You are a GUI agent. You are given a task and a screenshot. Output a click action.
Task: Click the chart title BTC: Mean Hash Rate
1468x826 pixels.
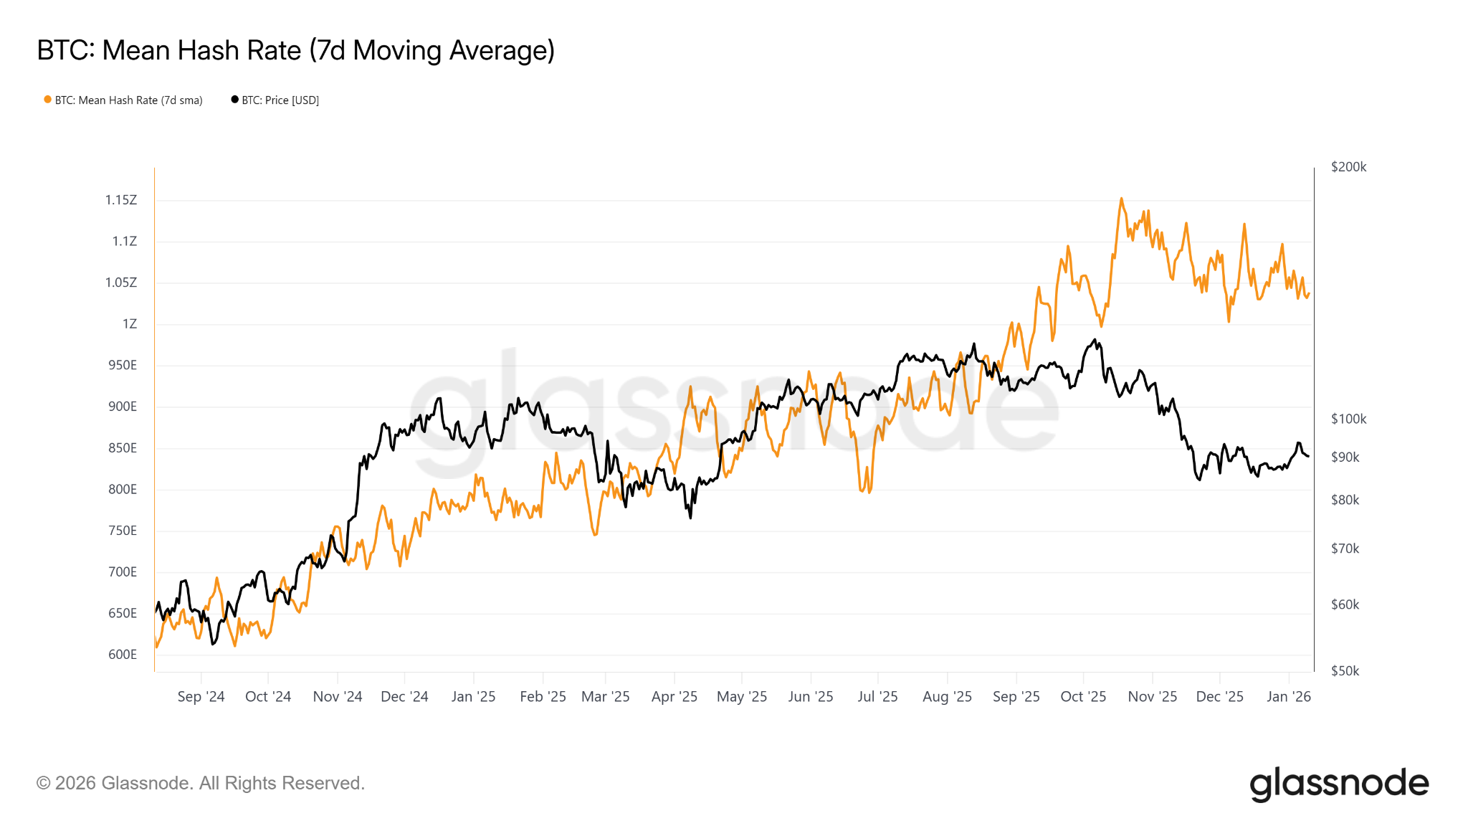(295, 51)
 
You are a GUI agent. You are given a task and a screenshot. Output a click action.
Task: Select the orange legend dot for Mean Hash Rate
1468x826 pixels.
(47, 100)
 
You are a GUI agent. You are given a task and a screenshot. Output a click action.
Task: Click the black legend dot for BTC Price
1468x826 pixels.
(234, 100)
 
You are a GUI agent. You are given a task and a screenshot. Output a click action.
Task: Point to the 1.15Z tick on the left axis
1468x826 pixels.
(120, 200)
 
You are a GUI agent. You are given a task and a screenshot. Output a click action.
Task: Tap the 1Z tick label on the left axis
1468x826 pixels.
(129, 324)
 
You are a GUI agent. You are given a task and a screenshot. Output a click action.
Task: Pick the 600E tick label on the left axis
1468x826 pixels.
(122, 655)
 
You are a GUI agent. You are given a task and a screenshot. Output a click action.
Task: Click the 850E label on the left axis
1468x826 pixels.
(122, 448)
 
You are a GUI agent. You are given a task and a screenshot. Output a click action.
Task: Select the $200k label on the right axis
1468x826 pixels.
(1348, 167)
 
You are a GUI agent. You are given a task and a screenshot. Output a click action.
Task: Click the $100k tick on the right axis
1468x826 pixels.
(1348, 419)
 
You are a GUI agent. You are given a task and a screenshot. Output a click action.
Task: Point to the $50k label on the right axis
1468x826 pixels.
(1345, 671)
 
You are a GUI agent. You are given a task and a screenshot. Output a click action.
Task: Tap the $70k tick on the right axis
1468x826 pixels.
(1345, 549)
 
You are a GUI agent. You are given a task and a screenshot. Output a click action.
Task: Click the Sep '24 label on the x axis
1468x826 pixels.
(201, 696)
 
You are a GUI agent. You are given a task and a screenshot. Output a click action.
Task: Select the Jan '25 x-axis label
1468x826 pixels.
(473, 696)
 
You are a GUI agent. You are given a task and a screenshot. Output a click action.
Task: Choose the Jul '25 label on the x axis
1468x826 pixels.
(877, 696)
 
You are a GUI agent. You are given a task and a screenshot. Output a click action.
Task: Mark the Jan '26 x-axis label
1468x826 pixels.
(1288, 696)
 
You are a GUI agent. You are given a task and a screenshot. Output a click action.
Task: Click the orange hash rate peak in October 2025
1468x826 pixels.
(1121, 199)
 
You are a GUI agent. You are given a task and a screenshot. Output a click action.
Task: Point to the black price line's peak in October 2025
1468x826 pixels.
(1095, 340)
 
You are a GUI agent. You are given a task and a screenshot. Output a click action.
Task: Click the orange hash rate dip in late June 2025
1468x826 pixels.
(862, 491)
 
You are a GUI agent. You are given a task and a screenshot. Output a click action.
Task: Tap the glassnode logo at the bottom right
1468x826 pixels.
(1339, 784)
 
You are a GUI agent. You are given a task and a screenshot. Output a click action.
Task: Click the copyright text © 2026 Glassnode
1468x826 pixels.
(201, 783)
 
